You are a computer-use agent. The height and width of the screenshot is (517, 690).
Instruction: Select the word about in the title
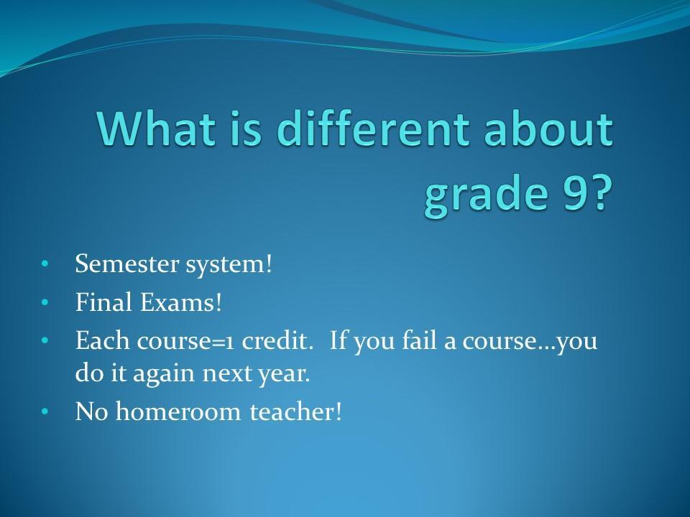548,128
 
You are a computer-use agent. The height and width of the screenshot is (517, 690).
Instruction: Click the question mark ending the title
599,193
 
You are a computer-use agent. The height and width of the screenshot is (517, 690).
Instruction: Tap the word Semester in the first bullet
127,264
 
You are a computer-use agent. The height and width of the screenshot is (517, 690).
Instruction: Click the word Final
103,302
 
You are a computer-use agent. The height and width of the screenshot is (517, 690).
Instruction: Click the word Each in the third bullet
103,340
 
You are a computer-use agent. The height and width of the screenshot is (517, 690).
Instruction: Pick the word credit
275,340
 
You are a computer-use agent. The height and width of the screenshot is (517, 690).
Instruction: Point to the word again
164,375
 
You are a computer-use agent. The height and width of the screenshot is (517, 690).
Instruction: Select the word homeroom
178,411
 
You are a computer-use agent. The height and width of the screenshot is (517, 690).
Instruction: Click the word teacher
295,411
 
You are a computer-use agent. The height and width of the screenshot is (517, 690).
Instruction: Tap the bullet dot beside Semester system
44,264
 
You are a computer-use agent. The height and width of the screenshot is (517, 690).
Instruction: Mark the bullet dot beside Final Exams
44,302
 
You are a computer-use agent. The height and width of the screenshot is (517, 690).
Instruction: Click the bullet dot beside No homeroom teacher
44,412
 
